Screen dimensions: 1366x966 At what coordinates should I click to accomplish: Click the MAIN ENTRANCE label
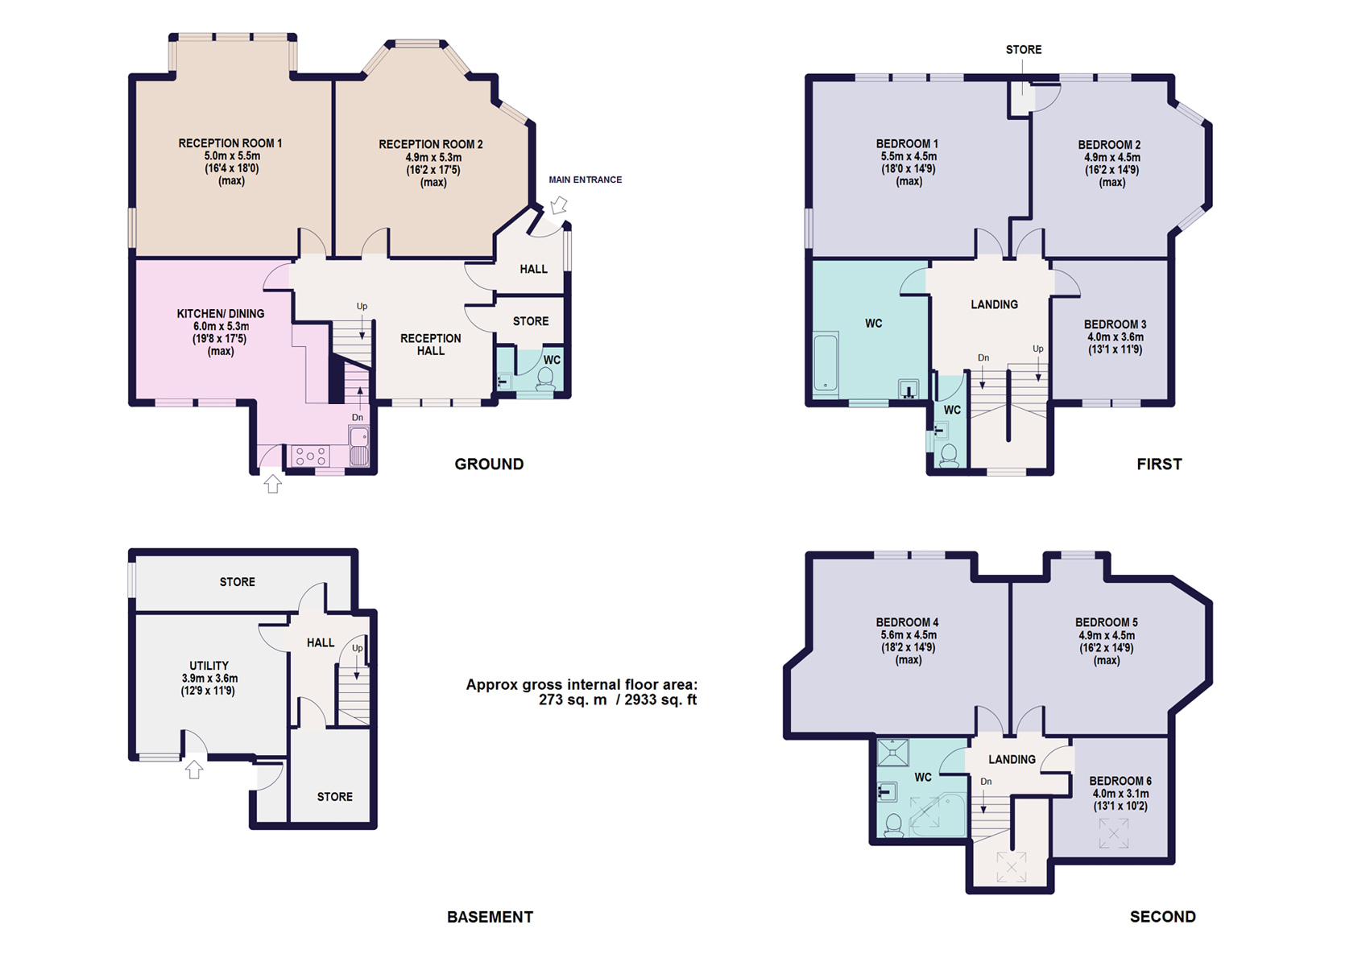585,180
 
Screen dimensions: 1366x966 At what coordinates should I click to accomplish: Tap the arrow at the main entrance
558,205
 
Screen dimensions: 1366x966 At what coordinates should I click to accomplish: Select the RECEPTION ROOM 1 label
230,143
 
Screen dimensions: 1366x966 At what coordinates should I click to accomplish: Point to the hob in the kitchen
310,456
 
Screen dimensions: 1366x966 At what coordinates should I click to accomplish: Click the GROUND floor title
489,464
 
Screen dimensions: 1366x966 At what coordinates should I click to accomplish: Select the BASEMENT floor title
490,917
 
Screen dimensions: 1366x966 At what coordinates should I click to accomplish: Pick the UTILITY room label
209,666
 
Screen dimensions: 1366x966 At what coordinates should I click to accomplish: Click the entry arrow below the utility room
194,770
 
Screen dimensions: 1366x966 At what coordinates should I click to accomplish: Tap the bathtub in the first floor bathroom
826,362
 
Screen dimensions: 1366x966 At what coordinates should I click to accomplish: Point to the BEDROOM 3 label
1115,324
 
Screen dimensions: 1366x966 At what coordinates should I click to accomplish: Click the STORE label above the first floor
1023,50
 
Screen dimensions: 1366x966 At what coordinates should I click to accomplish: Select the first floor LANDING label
994,305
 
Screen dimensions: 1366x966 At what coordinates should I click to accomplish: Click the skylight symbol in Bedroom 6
1114,833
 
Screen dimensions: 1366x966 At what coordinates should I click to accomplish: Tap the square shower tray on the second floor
893,753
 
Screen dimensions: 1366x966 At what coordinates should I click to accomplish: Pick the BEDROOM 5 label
1106,622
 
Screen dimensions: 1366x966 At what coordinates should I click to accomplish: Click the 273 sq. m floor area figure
573,700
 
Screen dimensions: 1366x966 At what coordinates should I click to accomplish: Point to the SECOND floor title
1162,917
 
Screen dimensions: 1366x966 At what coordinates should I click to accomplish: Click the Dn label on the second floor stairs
986,782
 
